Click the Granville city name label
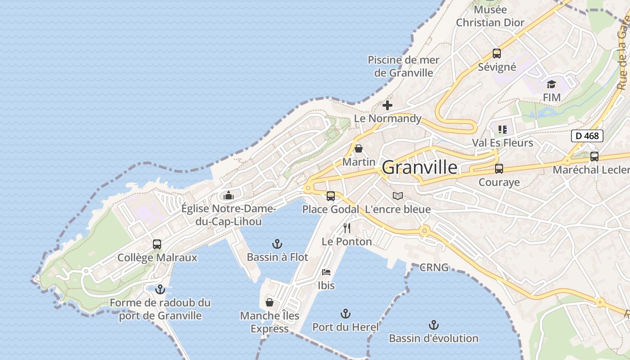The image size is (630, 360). pos(419,167)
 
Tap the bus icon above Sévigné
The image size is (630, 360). pos(497,54)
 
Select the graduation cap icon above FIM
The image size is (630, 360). pos(551,84)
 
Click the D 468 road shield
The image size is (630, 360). pos(587,135)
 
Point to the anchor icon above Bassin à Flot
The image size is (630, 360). pos(277,244)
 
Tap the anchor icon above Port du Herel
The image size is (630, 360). pos(345,314)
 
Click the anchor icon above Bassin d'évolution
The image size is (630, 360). pos(433,325)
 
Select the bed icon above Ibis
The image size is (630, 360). pos(326,272)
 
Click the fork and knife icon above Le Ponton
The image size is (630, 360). pos(346,228)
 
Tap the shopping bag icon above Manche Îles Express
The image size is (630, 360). pos(270,302)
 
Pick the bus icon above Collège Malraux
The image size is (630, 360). pos(157,244)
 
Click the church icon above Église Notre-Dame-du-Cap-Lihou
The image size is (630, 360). pos(229,196)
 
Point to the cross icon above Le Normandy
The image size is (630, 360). pos(387,106)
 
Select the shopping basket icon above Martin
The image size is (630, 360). pos(359,148)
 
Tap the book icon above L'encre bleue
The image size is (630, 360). pos(397,196)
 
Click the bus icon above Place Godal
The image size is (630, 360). pos(331,196)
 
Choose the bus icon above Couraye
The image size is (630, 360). pos(499,169)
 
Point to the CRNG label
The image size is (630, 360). pos(434,267)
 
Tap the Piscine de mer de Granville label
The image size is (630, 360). pos(404,66)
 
